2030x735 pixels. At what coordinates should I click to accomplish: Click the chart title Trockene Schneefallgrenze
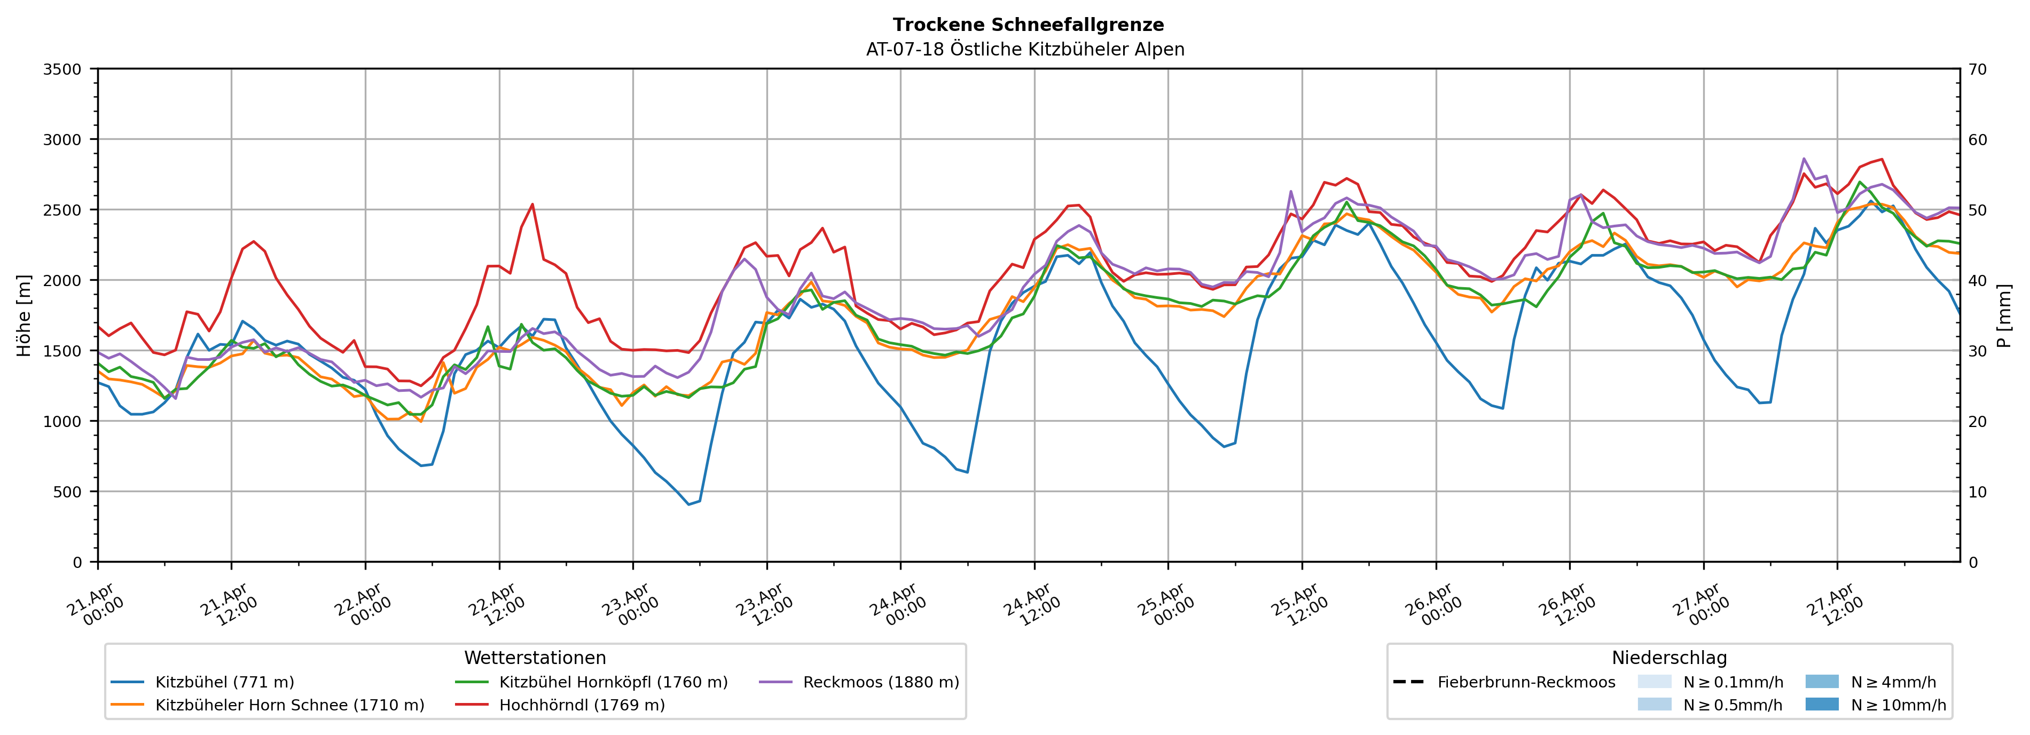(x=1028, y=25)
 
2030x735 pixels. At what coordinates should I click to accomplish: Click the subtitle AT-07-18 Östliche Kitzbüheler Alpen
(x=1024, y=50)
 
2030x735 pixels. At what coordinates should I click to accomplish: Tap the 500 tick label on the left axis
(x=67, y=492)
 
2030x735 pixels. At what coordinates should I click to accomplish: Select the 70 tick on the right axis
(x=1977, y=69)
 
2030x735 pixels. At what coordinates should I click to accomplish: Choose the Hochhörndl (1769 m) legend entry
(x=582, y=705)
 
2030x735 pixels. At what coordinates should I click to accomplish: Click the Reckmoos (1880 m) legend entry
(x=880, y=682)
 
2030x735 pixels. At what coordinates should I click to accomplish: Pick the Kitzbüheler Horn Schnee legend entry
(x=289, y=705)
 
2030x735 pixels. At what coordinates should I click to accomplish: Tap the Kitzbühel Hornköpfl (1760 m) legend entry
(x=613, y=682)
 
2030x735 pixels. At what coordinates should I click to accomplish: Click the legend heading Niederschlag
(x=1668, y=658)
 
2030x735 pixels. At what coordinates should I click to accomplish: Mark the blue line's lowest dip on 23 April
(x=689, y=504)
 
